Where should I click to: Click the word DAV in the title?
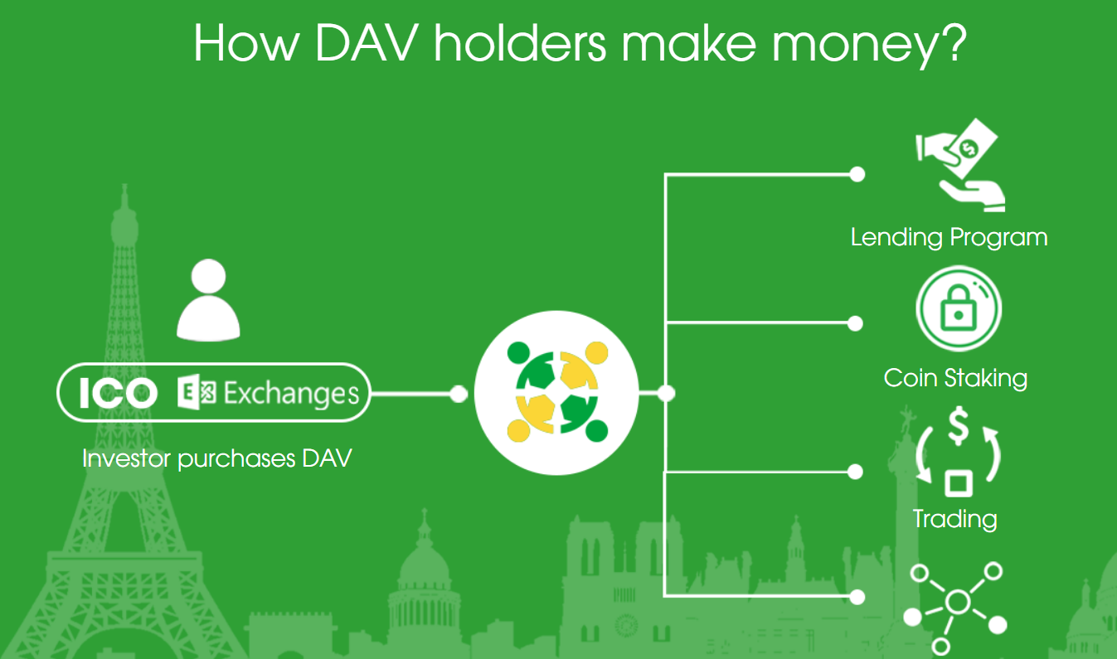[x=366, y=43]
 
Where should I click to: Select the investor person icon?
[x=208, y=300]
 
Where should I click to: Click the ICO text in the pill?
[x=119, y=393]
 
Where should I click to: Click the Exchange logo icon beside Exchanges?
[x=197, y=392]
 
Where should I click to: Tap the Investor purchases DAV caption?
[x=217, y=458]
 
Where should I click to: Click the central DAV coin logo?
[x=556, y=393]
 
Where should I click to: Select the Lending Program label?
[x=949, y=237]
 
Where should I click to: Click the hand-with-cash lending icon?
[x=960, y=165]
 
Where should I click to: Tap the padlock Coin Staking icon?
[x=959, y=309]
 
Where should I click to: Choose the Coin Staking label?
[x=955, y=378]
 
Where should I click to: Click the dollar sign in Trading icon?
[x=959, y=426]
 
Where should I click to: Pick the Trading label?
[x=955, y=519]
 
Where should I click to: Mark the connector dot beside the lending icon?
[x=857, y=174]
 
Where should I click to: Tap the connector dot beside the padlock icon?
[x=855, y=323]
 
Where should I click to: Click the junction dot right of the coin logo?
[x=666, y=393]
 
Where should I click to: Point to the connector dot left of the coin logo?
[x=459, y=394]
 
